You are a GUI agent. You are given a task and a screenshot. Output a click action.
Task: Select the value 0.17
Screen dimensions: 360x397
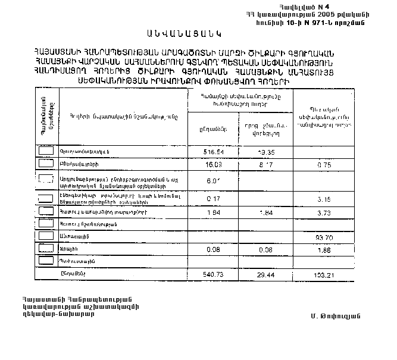tap(214, 198)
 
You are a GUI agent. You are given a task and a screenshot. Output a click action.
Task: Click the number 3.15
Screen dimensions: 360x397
tap(324, 198)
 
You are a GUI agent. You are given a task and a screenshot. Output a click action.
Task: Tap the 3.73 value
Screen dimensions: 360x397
tap(324, 212)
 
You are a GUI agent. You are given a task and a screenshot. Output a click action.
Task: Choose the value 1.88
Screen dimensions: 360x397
tap(324, 250)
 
